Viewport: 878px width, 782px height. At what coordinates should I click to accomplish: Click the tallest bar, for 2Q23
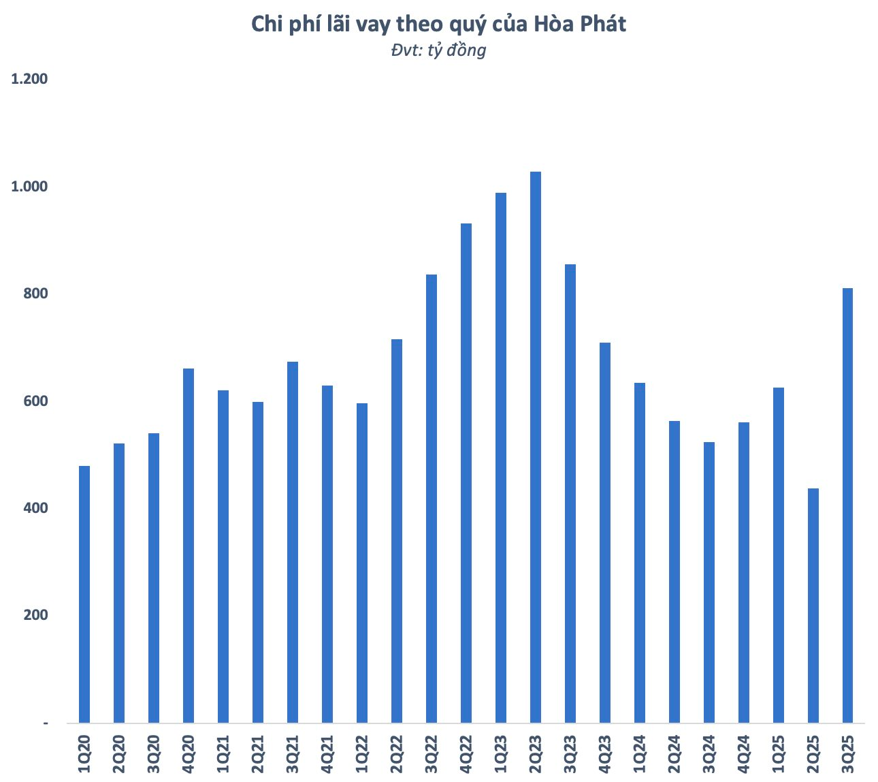(x=536, y=447)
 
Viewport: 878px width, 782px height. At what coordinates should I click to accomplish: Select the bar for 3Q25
(x=847, y=505)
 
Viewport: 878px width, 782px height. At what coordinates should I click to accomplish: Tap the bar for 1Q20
(x=84, y=594)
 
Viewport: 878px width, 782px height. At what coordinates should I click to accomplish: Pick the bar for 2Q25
(x=813, y=606)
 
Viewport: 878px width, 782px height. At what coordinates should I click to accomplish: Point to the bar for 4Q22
(x=466, y=473)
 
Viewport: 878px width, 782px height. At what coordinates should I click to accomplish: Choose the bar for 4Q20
(x=189, y=546)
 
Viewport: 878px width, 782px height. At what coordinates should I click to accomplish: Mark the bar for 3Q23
(x=570, y=493)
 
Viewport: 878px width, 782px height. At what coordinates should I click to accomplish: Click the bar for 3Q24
(x=709, y=582)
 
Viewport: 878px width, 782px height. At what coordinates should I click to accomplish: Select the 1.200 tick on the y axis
(x=29, y=79)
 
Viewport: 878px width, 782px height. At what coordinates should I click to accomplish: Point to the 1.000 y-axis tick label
(x=29, y=187)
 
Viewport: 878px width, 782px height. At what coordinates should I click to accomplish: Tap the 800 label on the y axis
(x=35, y=294)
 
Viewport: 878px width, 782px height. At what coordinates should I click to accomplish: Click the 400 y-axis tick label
(x=35, y=508)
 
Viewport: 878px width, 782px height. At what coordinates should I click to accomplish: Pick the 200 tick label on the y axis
(x=35, y=615)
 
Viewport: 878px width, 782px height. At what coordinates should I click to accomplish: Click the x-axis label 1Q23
(x=501, y=753)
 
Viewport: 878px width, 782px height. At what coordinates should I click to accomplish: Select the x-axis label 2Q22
(x=397, y=753)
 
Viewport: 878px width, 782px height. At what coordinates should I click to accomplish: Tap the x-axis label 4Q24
(x=743, y=753)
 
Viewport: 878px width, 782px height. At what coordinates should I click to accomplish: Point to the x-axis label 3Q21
(x=293, y=753)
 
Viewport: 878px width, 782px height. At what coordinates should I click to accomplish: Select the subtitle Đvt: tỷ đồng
(x=438, y=50)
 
